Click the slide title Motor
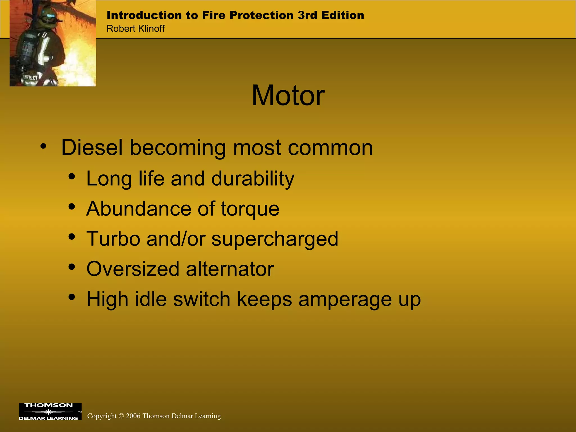(x=288, y=96)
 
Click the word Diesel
(x=92, y=147)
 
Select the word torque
(x=250, y=209)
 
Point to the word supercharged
(x=274, y=239)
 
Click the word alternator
(x=230, y=269)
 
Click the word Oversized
(x=133, y=269)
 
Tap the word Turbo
(x=113, y=239)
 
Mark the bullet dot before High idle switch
(x=72, y=297)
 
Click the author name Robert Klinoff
(x=136, y=29)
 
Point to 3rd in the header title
(x=307, y=15)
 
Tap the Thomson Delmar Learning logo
(x=50, y=411)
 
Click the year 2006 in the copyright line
(x=133, y=416)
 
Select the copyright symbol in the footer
(x=121, y=416)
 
